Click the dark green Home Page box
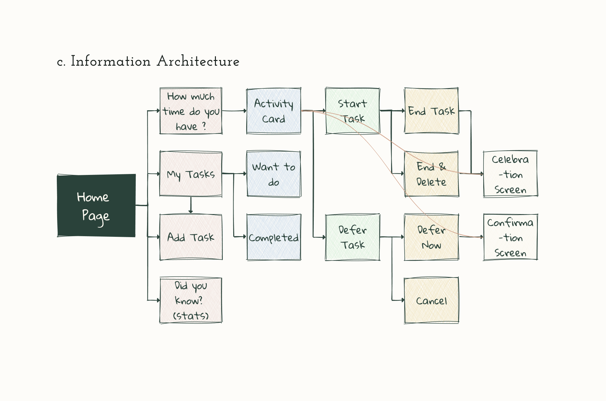[96, 206]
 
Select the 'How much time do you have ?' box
[191, 111]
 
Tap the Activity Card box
[274, 111]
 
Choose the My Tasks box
[191, 174]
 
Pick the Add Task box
[191, 237]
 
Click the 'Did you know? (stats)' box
[191, 300]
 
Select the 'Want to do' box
[274, 174]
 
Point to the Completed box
[274, 237]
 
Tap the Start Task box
[352, 111]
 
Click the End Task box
[431, 111]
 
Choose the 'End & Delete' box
[431, 174]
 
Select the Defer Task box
[352, 237]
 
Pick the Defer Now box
[431, 237]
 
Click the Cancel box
[431, 300]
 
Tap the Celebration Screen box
[510, 174]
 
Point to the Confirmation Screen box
[510, 237]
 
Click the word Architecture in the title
[198, 61]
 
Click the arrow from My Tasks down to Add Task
[191, 205]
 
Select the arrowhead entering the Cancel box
[402, 300]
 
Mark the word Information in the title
[110, 61]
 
